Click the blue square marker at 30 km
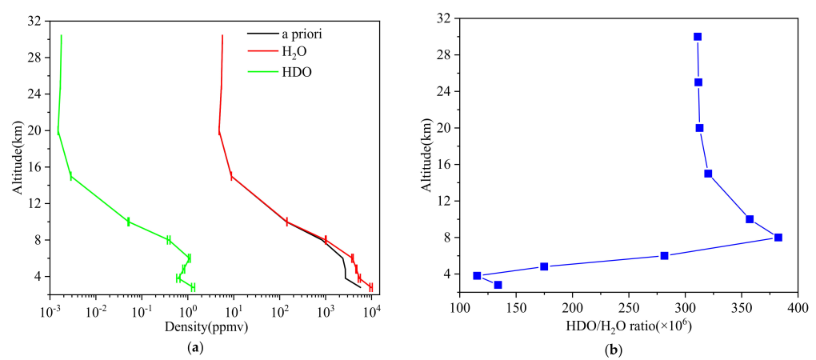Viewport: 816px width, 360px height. [x=698, y=37]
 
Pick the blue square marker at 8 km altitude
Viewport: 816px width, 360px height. [x=778, y=238]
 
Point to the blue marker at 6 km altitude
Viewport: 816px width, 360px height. [x=664, y=256]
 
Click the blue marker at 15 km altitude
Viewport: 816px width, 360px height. [x=708, y=174]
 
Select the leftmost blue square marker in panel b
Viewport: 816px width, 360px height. [x=477, y=276]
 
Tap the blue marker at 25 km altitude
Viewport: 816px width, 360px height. [x=698, y=82]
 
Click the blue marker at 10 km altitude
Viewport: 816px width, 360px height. [x=750, y=219]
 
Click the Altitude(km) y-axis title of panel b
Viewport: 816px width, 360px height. [x=423, y=156]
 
